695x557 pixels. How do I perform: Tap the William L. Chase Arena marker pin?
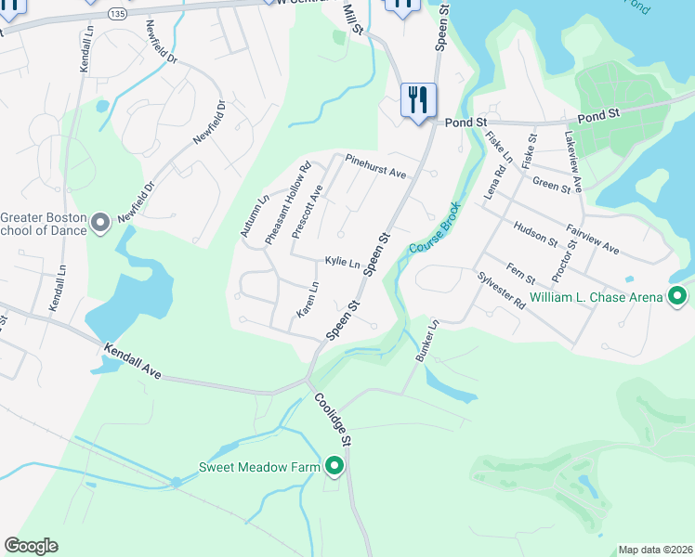point(678,297)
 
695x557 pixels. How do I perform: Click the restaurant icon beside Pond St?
point(418,100)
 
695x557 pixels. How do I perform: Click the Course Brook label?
point(434,229)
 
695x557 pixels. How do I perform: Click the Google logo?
point(31,546)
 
